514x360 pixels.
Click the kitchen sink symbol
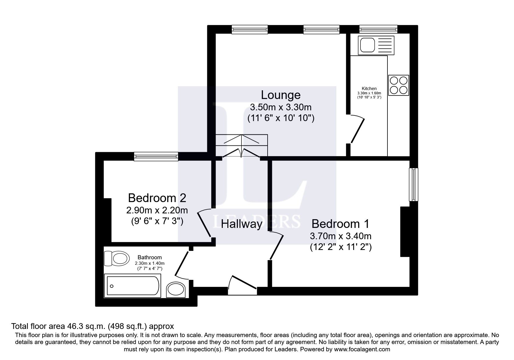(376, 45)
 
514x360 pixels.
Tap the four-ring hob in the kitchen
(398, 85)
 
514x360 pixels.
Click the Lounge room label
(281, 95)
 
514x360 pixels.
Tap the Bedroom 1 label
(340, 224)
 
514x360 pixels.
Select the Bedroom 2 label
(157, 198)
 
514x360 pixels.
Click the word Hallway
(242, 224)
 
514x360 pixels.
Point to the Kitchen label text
(369, 89)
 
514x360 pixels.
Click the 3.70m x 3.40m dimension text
(340, 236)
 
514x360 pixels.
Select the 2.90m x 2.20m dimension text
(157, 210)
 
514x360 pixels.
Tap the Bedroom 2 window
(156, 156)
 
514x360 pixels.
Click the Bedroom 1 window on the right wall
(414, 184)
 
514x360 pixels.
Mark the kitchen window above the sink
(378, 29)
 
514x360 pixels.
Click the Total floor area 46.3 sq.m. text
(92, 326)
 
